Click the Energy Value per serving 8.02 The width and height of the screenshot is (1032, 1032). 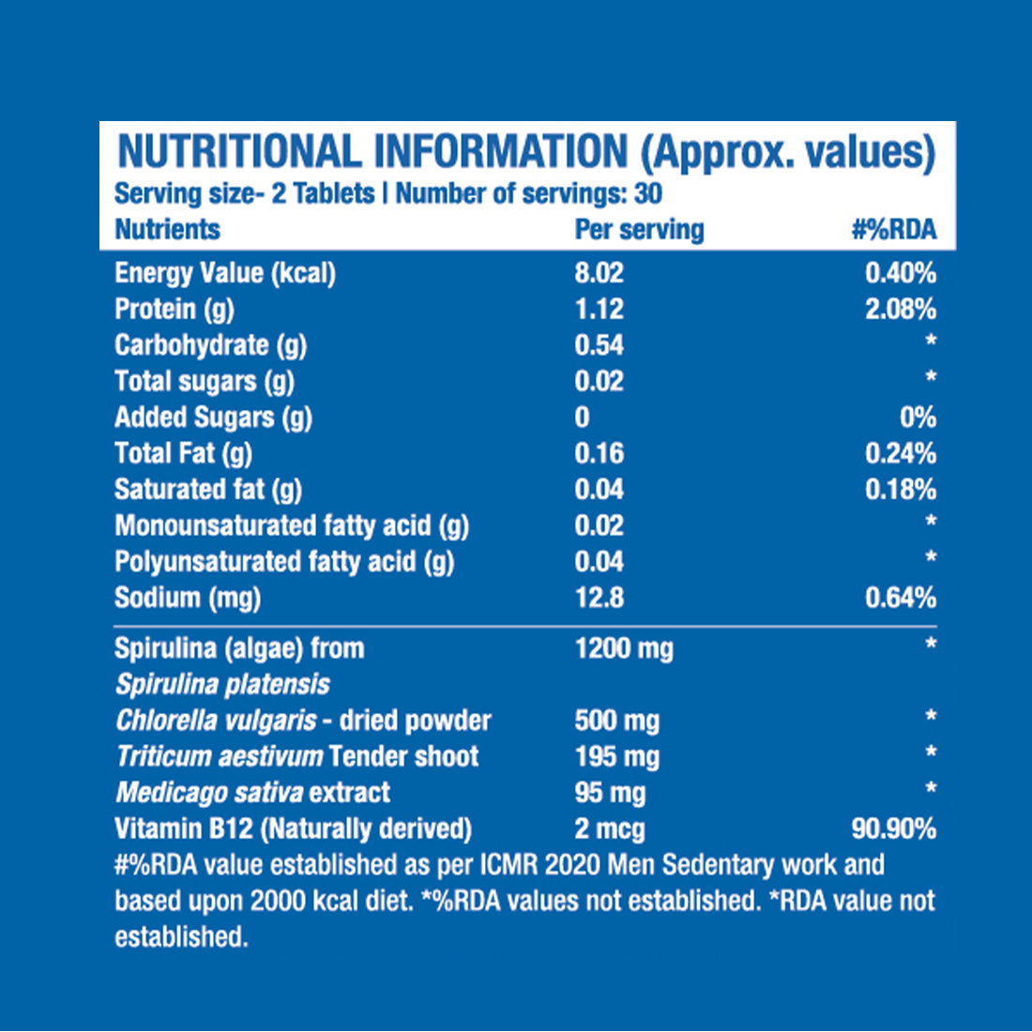(599, 273)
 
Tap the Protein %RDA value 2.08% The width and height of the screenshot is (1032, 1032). (900, 309)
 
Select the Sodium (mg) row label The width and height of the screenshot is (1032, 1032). (187, 598)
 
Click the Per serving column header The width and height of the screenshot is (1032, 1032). (639, 230)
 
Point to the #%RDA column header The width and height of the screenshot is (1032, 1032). (893, 230)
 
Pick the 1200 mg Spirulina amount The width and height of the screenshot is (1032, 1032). (623, 648)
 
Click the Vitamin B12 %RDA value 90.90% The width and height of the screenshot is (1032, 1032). (892, 828)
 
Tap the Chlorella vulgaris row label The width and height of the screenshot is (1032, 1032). (302, 721)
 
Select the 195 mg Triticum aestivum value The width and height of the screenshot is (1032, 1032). (616, 756)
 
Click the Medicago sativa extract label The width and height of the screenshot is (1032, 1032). (252, 793)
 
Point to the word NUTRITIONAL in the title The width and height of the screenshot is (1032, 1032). (238, 153)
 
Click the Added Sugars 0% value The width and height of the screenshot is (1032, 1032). (917, 417)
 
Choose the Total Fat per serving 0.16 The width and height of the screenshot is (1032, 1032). (599, 453)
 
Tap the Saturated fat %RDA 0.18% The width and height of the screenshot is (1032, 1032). (900, 490)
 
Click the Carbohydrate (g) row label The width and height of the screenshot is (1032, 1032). (210, 345)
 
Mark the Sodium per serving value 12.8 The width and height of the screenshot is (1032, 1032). (599, 598)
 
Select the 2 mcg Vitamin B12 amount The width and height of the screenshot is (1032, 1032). (609, 828)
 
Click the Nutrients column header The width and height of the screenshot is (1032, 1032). (167, 230)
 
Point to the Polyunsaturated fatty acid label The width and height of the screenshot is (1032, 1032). (283, 562)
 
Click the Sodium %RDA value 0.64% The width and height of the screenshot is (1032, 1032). (900, 598)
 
